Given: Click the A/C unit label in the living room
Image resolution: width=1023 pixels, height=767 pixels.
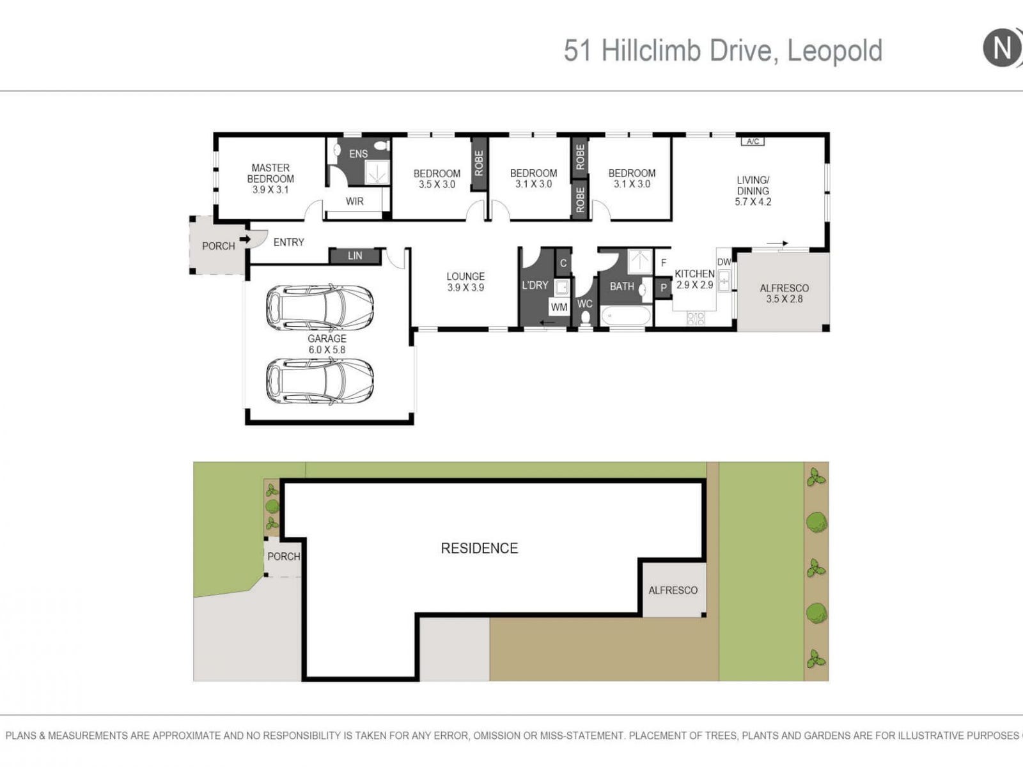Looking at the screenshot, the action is pos(753,141).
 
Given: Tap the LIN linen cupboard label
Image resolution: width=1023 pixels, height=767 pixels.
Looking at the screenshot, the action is pos(355,256).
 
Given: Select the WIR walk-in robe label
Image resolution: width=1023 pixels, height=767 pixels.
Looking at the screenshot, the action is pos(355,201).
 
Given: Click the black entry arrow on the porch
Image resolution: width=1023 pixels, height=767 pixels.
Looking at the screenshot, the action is pos(245,239).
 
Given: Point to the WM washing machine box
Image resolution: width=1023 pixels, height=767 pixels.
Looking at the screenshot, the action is pos(559,307).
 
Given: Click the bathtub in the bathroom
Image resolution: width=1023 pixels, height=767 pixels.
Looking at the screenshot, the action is pos(625,316).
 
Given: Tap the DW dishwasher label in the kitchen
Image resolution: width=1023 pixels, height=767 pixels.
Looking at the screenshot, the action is pos(724,262).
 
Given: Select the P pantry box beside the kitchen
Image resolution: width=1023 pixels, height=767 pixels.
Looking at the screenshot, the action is pos(663,288).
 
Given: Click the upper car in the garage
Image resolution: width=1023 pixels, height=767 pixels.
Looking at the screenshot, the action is pos(320,308).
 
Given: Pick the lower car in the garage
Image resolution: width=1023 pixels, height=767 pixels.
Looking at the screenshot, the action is pos(320,381).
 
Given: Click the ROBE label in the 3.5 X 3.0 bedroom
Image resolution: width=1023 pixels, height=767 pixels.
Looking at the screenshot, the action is pos(479,163).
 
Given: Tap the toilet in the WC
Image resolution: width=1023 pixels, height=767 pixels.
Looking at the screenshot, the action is pos(586,318).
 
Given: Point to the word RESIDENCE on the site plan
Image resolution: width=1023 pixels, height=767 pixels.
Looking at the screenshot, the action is pos(479,548).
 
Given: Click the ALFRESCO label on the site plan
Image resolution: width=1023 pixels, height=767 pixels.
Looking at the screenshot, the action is pos(673,591).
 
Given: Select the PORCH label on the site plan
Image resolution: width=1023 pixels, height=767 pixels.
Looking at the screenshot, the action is pos(284,557).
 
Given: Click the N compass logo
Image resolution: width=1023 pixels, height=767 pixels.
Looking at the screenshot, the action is pos(1002,47).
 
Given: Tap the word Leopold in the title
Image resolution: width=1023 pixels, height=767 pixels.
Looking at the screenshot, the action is pos(835,50).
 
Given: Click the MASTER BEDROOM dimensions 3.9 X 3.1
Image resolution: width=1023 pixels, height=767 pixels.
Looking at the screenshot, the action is pos(270,190).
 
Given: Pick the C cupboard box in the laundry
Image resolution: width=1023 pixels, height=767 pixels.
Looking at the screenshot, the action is pos(563,263).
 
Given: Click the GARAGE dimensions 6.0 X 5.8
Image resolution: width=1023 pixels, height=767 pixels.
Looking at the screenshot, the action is pos(327,350).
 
